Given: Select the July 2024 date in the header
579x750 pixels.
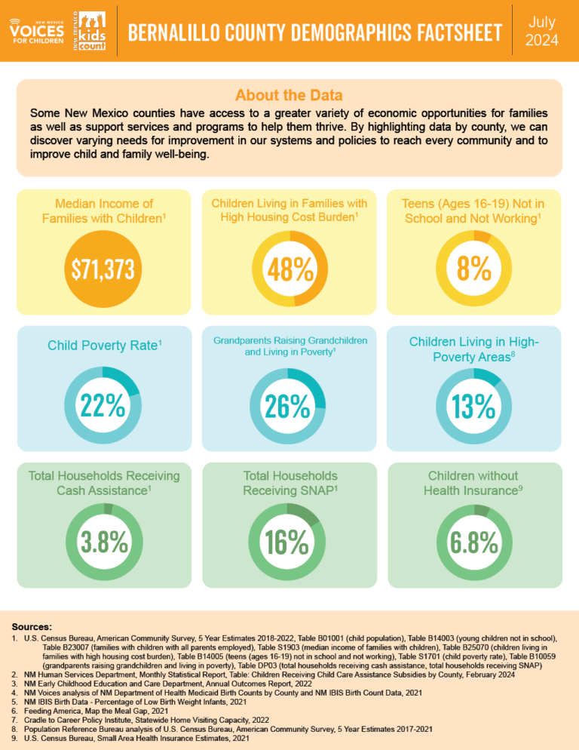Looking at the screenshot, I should tap(541, 31).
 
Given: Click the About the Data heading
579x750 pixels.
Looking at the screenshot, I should tap(289, 96).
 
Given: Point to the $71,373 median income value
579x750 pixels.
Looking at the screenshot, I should tap(103, 270).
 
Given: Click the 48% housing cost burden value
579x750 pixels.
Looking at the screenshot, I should tap(289, 269).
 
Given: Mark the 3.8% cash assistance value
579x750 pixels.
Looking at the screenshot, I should tap(103, 542).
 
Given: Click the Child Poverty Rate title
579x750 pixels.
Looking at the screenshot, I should tap(103, 346).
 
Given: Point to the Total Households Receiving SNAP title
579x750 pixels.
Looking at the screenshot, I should tap(289, 483).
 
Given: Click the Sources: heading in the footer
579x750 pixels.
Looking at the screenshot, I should tap(32, 626).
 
